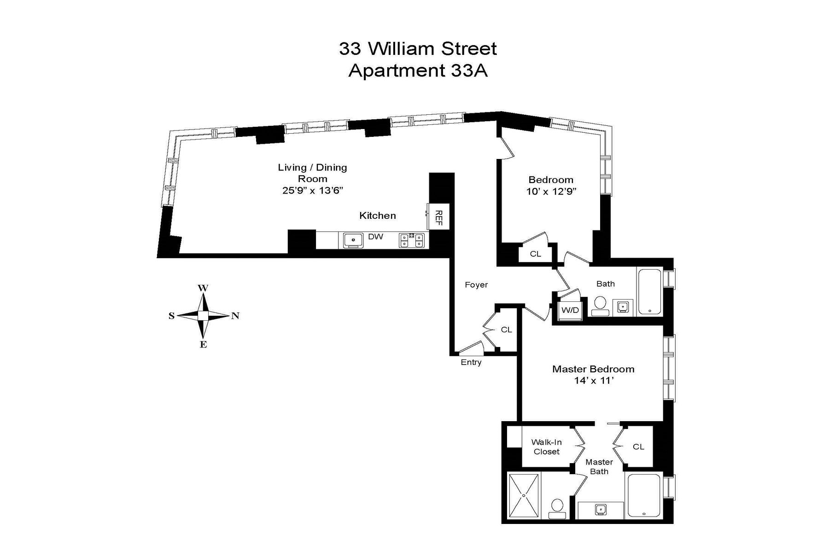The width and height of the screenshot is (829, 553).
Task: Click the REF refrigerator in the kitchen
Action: pos(438,217)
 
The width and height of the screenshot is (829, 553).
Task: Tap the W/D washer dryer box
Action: pos(570,310)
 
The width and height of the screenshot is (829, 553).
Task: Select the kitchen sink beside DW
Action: pos(354,240)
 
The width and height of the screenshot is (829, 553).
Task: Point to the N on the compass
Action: pos(235,316)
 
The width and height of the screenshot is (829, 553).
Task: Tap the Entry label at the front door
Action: pos(471,362)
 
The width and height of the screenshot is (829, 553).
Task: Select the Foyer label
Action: pos(476,285)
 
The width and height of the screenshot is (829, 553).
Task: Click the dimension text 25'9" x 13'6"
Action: pos(313,190)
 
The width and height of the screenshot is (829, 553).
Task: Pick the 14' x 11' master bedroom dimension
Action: pos(593,381)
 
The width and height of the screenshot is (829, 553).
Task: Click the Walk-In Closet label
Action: pos(546,447)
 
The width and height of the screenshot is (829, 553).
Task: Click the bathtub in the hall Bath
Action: pos(649,291)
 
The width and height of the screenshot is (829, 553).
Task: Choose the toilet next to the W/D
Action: pos(600,305)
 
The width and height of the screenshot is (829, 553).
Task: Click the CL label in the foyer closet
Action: pos(506,329)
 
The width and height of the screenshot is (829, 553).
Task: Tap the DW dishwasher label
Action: pos(375,237)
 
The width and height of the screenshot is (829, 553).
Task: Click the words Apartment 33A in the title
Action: pos(418,71)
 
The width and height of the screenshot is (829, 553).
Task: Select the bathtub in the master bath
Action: pos(643,495)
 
